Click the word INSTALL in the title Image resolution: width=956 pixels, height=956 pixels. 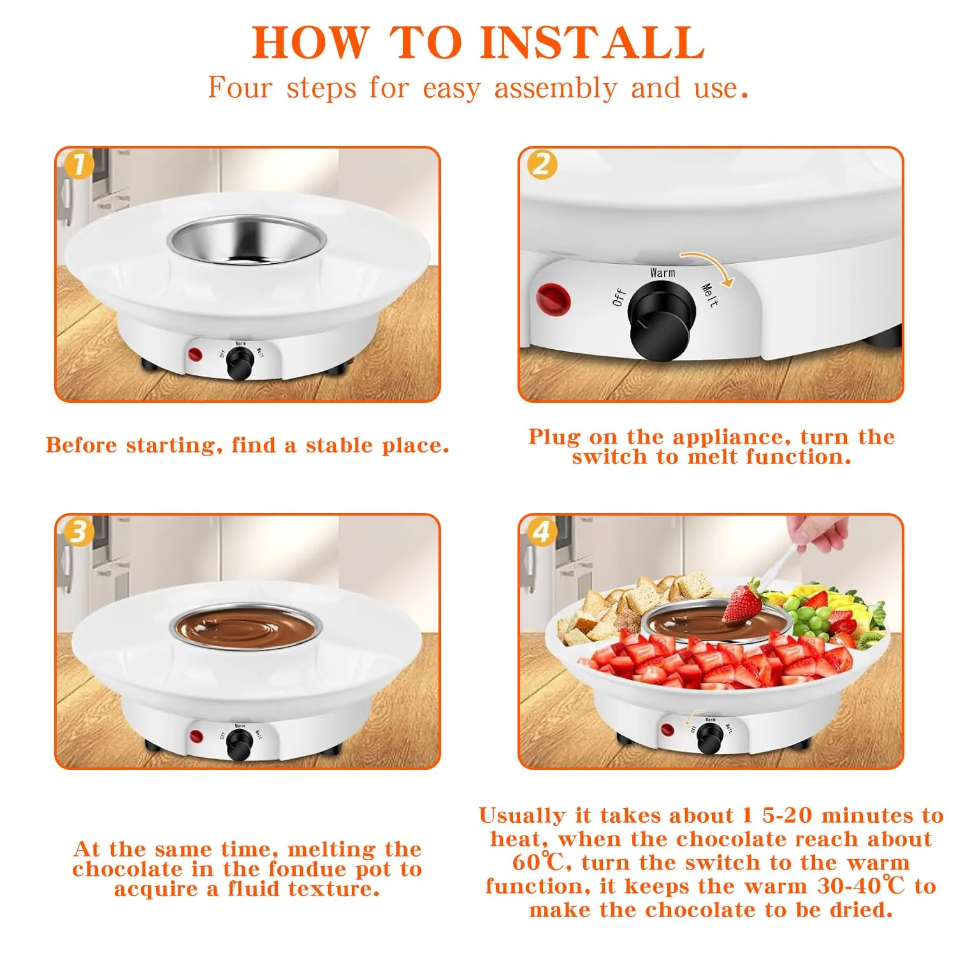coord(592,43)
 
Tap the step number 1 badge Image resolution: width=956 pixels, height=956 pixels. coord(79,165)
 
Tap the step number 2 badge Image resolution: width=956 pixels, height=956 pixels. coord(541,164)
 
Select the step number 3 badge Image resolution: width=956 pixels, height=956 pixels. coord(79,532)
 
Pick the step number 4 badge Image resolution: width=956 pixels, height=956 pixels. coord(541,532)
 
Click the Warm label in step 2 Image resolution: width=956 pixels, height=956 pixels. coord(662,273)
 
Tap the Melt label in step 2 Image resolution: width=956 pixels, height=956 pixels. coord(709,295)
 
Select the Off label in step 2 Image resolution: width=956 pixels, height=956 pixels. coord(619,298)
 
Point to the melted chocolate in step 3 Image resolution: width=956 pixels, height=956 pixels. coord(244,626)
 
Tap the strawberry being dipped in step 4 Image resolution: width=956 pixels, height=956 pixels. coord(742,602)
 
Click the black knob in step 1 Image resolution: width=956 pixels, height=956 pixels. coord(240,364)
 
